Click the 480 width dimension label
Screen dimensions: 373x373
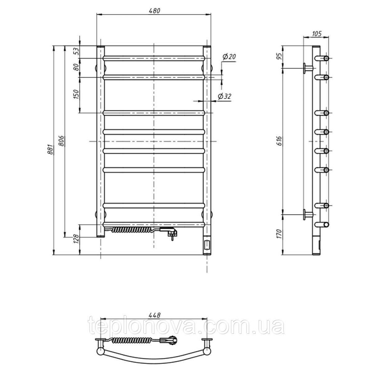(x=154, y=11)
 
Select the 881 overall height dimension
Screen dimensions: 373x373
(x=50, y=150)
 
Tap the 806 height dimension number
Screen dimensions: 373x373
(x=62, y=141)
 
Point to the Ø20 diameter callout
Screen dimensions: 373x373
(x=229, y=57)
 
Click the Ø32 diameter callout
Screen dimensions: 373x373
(x=224, y=96)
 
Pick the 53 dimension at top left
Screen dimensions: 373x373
(x=76, y=51)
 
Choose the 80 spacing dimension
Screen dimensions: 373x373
(x=76, y=67)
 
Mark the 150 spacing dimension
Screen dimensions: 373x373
(x=76, y=95)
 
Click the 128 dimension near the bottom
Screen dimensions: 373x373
(x=76, y=239)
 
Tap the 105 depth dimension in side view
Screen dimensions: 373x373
(x=316, y=34)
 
